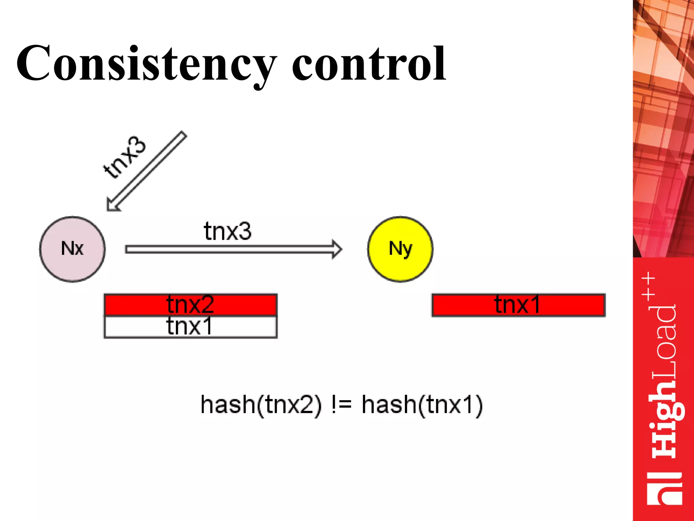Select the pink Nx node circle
pyautogui.click(x=72, y=249)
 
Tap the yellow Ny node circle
pyautogui.click(x=400, y=249)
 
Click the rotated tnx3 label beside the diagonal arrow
pyautogui.click(x=125, y=157)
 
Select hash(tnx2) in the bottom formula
pyautogui.click(x=261, y=405)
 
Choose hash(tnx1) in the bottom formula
pyautogui.click(x=422, y=405)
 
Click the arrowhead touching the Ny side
pyautogui.click(x=336, y=250)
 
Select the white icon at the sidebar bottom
pyautogui.click(x=664, y=488)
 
